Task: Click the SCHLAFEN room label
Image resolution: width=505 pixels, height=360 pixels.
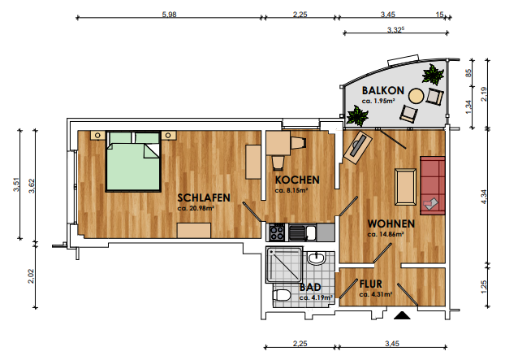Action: click(x=204, y=197)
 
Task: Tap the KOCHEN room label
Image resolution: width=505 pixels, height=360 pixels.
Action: click(x=297, y=180)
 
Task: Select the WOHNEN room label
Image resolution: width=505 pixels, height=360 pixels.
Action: click(x=391, y=223)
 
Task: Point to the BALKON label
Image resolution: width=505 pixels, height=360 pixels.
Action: click(x=383, y=90)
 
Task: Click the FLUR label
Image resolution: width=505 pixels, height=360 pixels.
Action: click(x=371, y=284)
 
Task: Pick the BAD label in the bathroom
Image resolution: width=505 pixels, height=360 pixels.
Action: click(x=310, y=287)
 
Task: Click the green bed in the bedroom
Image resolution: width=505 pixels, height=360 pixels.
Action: click(x=133, y=162)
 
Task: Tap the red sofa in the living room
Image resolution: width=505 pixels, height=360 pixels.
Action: click(x=433, y=185)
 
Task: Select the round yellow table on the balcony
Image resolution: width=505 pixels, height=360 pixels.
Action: click(x=417, y=96)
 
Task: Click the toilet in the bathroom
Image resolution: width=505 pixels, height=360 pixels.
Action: click(x=282, y=295)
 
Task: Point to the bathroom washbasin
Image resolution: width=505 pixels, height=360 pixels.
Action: click(x=317, y=258)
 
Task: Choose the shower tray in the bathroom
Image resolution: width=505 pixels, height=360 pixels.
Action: click(x=284, y=264)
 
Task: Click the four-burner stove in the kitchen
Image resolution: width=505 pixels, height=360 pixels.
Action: click(x=277, y=232)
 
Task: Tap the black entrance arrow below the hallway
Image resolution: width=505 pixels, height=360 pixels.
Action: click(x=402, y=315)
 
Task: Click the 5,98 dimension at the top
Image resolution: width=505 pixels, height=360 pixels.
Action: click(x=169, y=15)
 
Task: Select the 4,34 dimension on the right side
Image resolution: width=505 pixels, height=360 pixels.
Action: click(x=484, y=197)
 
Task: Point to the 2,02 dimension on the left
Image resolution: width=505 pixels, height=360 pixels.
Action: click(x=31, y=276)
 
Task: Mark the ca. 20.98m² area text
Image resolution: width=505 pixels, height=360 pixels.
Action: click(x=196, y=208)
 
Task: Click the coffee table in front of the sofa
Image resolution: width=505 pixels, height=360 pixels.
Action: click(x=405, y=187)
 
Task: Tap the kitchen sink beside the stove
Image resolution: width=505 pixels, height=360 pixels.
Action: click(x=302, y=232)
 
